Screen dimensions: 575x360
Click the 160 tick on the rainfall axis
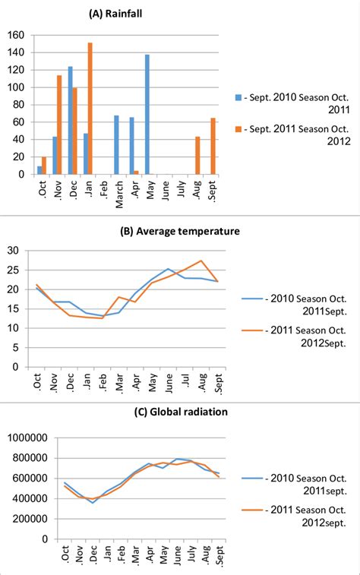coord(15,35)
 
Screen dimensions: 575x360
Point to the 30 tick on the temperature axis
coord(13,250)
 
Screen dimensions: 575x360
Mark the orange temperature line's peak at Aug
coord(200,261)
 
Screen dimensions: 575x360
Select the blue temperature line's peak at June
coord(168,268)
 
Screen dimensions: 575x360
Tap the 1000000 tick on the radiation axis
coord(27,437)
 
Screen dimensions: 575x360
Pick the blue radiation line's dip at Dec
coord(93,503)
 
